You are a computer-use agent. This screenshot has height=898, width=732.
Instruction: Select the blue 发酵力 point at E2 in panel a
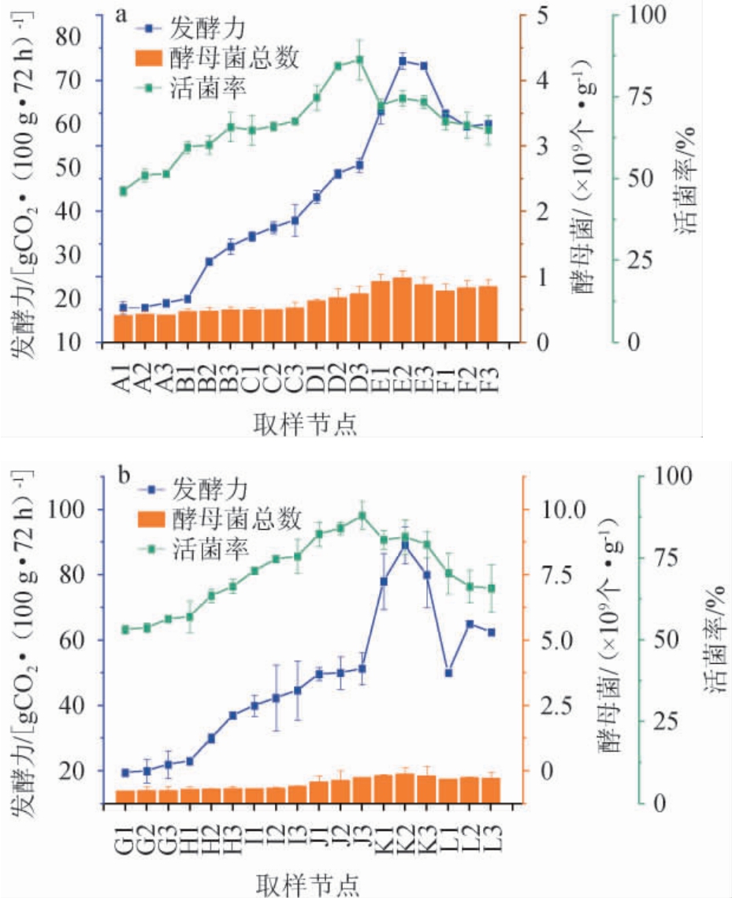tap(402, 61)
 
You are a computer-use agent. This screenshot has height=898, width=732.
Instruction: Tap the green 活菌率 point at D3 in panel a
tap(359, 59)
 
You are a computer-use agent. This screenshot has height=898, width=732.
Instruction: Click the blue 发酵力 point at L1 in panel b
tap(448, 673)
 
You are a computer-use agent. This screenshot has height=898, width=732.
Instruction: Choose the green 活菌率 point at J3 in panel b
tap(362, 516)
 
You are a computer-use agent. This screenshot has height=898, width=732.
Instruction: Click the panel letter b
tap(124, 475)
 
